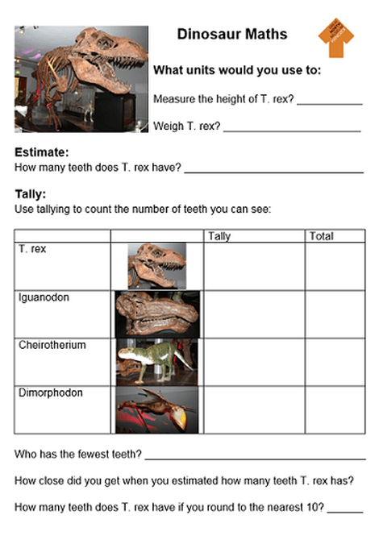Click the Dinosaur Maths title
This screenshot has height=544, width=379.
coord(232,35)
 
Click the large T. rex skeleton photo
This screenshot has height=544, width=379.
coord(81,78)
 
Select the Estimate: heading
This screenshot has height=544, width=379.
coord(41,152)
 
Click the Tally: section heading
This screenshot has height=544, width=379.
coord(31,194)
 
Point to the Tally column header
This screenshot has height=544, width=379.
coord(219,236)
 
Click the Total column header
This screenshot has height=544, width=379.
coord(321,236)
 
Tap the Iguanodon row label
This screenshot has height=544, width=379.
coord(44,297)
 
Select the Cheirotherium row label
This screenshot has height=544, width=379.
coord(52,345)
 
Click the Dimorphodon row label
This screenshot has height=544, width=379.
coord(50,392)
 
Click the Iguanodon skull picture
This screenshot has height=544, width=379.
coord(156,314)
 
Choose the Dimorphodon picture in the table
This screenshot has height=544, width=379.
coord(156,409)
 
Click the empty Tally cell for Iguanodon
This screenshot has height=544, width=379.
coord(253,314)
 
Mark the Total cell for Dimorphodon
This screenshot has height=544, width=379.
coord(334,409)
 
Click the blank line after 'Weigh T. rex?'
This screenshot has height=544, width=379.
coord(292,129)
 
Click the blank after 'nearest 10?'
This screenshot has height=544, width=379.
coord(345,511)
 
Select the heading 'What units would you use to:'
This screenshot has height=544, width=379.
coord(237,71)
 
